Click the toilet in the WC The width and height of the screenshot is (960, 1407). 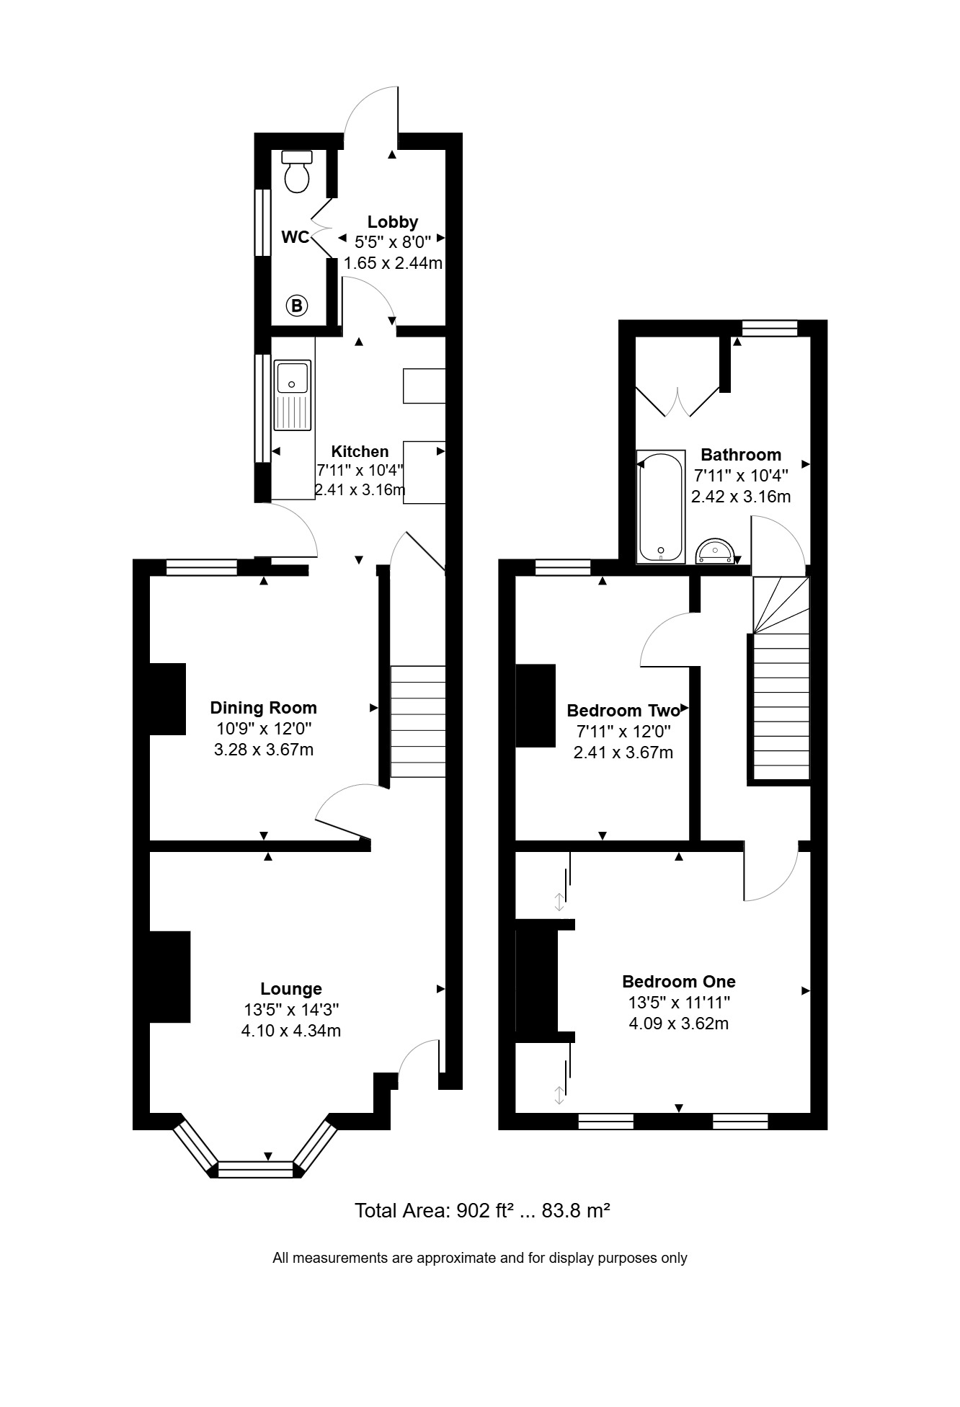click(297, 172)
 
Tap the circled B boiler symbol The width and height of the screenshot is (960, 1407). click(296, 306)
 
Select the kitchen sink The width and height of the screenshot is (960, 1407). click(292, 396)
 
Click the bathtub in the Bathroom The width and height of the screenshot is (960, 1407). click(661, 507)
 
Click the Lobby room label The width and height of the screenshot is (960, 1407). click(393, 222)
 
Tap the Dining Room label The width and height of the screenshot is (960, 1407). click(264, 708)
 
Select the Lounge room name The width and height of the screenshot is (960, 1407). click(291, 989)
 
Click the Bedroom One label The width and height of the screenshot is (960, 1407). click(679, 982)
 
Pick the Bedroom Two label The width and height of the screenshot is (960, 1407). click(623, 711)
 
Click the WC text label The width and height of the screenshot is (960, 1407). click(295, 237)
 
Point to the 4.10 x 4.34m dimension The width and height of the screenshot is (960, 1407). click(291, 1031)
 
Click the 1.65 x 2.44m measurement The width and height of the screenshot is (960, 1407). click(393, 263)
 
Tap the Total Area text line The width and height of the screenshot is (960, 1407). click(483, 1210)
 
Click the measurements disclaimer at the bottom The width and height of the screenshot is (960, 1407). click(480, 1258)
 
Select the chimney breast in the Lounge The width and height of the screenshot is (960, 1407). click(170, 977)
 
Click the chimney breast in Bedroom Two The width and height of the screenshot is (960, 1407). click(535, 706)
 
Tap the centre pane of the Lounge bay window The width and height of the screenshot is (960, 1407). click(256, 1169)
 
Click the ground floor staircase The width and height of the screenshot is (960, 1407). click(418, 722)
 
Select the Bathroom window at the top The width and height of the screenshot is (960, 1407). click(770, 329)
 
